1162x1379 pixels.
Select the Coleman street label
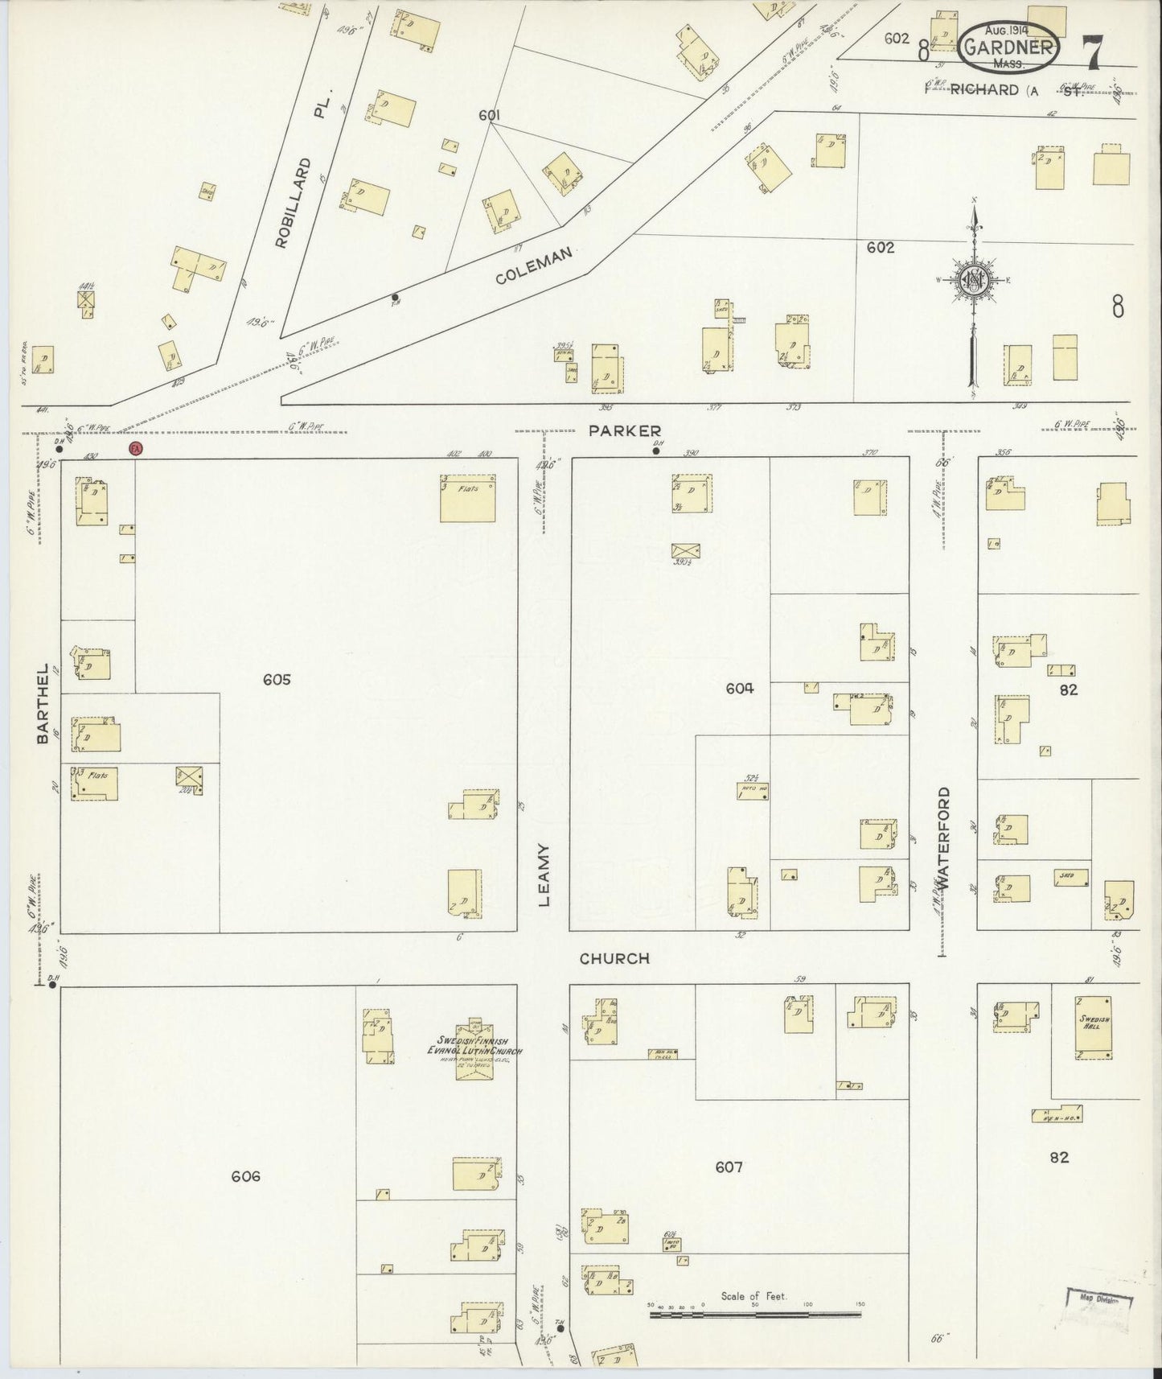coord(533,266)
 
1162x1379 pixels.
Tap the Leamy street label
coord(544,875)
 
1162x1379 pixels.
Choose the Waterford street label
coord(943,837)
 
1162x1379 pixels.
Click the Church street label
coord(614,958)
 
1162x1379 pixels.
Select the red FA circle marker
coord(135,448)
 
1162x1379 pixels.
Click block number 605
coord(276,680)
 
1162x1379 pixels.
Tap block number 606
coord(245,1176)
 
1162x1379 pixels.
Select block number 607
coord(728,1167)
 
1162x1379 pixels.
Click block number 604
coord(739,688)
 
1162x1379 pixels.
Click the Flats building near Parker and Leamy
coord(467,497)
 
